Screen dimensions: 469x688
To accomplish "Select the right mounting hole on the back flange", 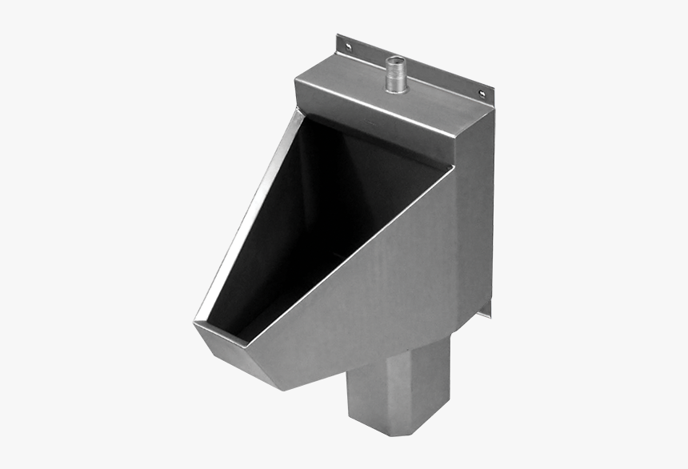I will (x=482, y=94).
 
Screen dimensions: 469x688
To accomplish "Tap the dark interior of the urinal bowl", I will (x=320, y=216).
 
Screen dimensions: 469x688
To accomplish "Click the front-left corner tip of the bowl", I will (x=195, y=323).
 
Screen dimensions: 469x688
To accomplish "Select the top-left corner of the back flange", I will (x=338, y=36).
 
